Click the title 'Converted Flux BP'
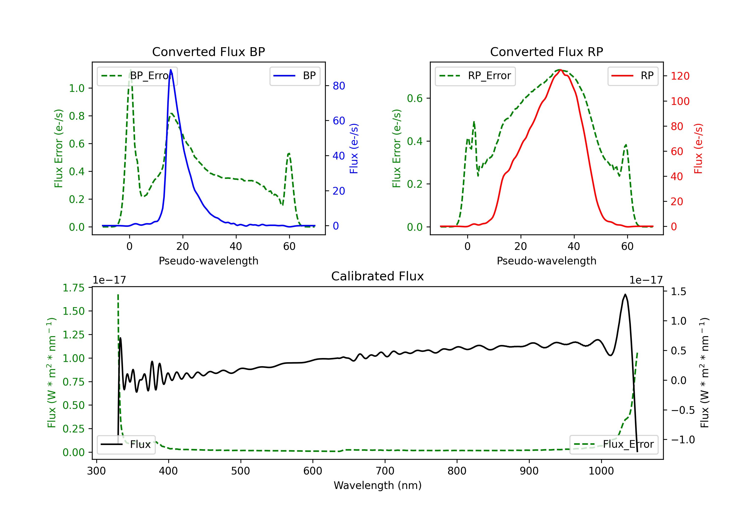(x=208, y=52)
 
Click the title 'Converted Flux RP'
(x=546, y=52)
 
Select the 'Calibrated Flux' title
(x=378, y=276)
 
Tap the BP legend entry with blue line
(x=295, y=76)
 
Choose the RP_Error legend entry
(x=475, y=76)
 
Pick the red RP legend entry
(x=633, y=76)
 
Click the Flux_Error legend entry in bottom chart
(x=614, y=444)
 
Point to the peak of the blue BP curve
(x=171, y=70)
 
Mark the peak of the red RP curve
(x=560, y=70)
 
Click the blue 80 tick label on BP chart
(x=339, y=86)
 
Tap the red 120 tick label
(x=680, y=76)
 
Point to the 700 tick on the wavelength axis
(x=385, y=471)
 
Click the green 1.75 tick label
(x=73, y=288)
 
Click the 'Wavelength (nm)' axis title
(x=378, y=485)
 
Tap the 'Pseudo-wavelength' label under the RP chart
(x=546, y=261)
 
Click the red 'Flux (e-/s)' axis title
(x=698, y=148)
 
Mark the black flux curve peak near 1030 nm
(x=625, y=294)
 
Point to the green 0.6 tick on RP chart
(x=415, y=98)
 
